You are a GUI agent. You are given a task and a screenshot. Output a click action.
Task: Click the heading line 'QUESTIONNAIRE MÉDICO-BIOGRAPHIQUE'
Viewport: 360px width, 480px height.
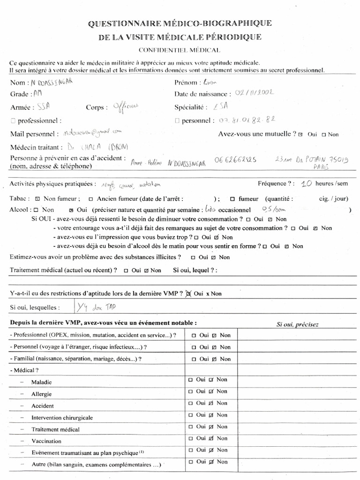tap(180, 23)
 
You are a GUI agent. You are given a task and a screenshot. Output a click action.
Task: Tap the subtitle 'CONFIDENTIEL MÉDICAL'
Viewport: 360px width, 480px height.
tap(180, 50)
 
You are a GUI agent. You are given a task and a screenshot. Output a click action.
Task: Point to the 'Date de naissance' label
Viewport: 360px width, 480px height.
tap(202, 94)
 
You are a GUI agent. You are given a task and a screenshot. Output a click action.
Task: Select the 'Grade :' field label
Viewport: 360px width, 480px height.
tap(19, 94)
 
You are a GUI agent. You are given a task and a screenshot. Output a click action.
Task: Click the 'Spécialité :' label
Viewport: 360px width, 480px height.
tap(191, 107)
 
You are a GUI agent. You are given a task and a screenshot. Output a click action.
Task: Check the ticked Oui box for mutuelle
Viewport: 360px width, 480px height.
tap(300, 135)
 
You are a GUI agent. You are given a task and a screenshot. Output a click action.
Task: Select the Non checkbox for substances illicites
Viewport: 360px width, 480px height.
tap(214, 257)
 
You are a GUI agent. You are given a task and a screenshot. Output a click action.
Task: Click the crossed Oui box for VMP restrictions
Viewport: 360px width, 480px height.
tap(188, 294)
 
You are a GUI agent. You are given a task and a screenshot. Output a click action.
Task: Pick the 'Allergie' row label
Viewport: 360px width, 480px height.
tap(41, 394)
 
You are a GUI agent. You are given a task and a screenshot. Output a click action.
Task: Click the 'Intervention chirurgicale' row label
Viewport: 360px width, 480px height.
tap(62, 418)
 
